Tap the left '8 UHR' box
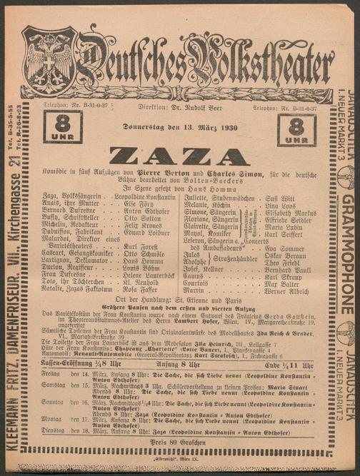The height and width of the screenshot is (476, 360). click(x=62, y=127)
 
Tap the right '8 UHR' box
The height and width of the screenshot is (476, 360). click(x=296, y=130)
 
